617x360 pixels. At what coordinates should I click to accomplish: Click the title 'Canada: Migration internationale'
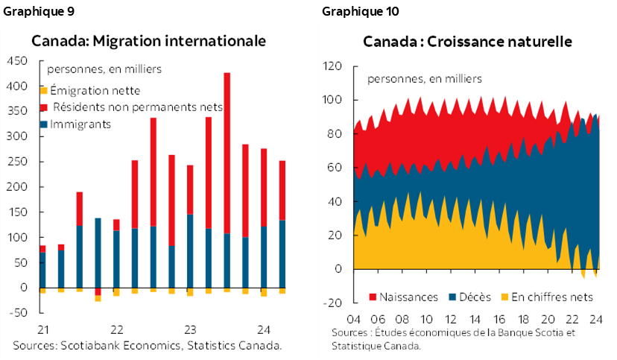[148, 41]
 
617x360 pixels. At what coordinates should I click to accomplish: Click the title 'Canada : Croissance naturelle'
[467, 42]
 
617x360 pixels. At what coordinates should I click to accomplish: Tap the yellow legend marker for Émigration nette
[43, 90]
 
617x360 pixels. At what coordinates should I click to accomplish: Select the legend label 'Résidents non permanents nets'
[138, 107]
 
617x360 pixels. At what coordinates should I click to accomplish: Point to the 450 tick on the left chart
[18, 61]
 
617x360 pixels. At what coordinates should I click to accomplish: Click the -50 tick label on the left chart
[18, 312]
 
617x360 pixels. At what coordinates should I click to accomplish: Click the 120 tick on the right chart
[333, 66]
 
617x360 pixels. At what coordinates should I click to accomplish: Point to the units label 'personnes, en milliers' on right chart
[425, 78]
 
